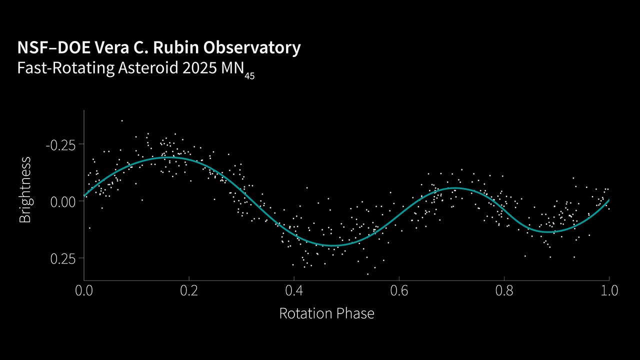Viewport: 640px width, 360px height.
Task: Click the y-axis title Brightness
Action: [x=25, y=189]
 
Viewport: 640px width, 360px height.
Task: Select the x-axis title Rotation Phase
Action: [x=326, y=313]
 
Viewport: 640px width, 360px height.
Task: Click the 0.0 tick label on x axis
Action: [x=84, y=290]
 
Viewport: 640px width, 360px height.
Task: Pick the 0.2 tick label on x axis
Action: [x=189, y=290]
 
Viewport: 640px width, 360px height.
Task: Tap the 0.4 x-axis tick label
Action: [x=294, y=290]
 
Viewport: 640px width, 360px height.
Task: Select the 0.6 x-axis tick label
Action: [x=399, y=290]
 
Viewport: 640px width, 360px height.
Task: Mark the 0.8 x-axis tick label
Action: [x=504, y=290]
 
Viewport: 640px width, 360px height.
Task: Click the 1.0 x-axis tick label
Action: [x=608, y=290]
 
